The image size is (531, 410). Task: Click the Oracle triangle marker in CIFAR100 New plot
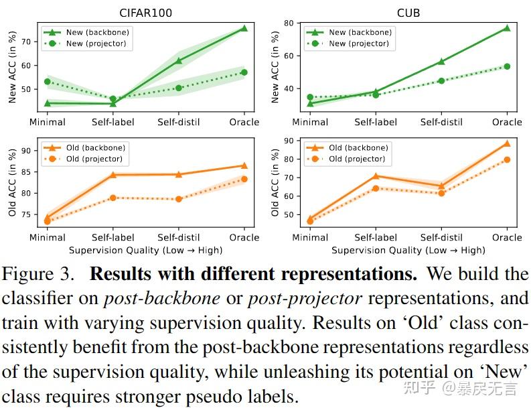point(244,28)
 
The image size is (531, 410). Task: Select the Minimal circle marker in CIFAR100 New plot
point(48,82)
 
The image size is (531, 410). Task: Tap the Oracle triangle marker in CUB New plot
point(507,28)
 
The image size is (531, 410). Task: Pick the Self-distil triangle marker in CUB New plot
point(441,62)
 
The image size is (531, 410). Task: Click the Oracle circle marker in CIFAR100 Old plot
point(244,179)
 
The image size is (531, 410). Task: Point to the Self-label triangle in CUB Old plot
point(376,176)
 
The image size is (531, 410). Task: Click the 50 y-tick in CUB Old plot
point(289,214)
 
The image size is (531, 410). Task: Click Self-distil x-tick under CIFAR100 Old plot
point(179,237)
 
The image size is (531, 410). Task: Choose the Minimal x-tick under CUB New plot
point(310,122)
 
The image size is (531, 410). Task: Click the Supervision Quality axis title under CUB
point(408,250)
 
